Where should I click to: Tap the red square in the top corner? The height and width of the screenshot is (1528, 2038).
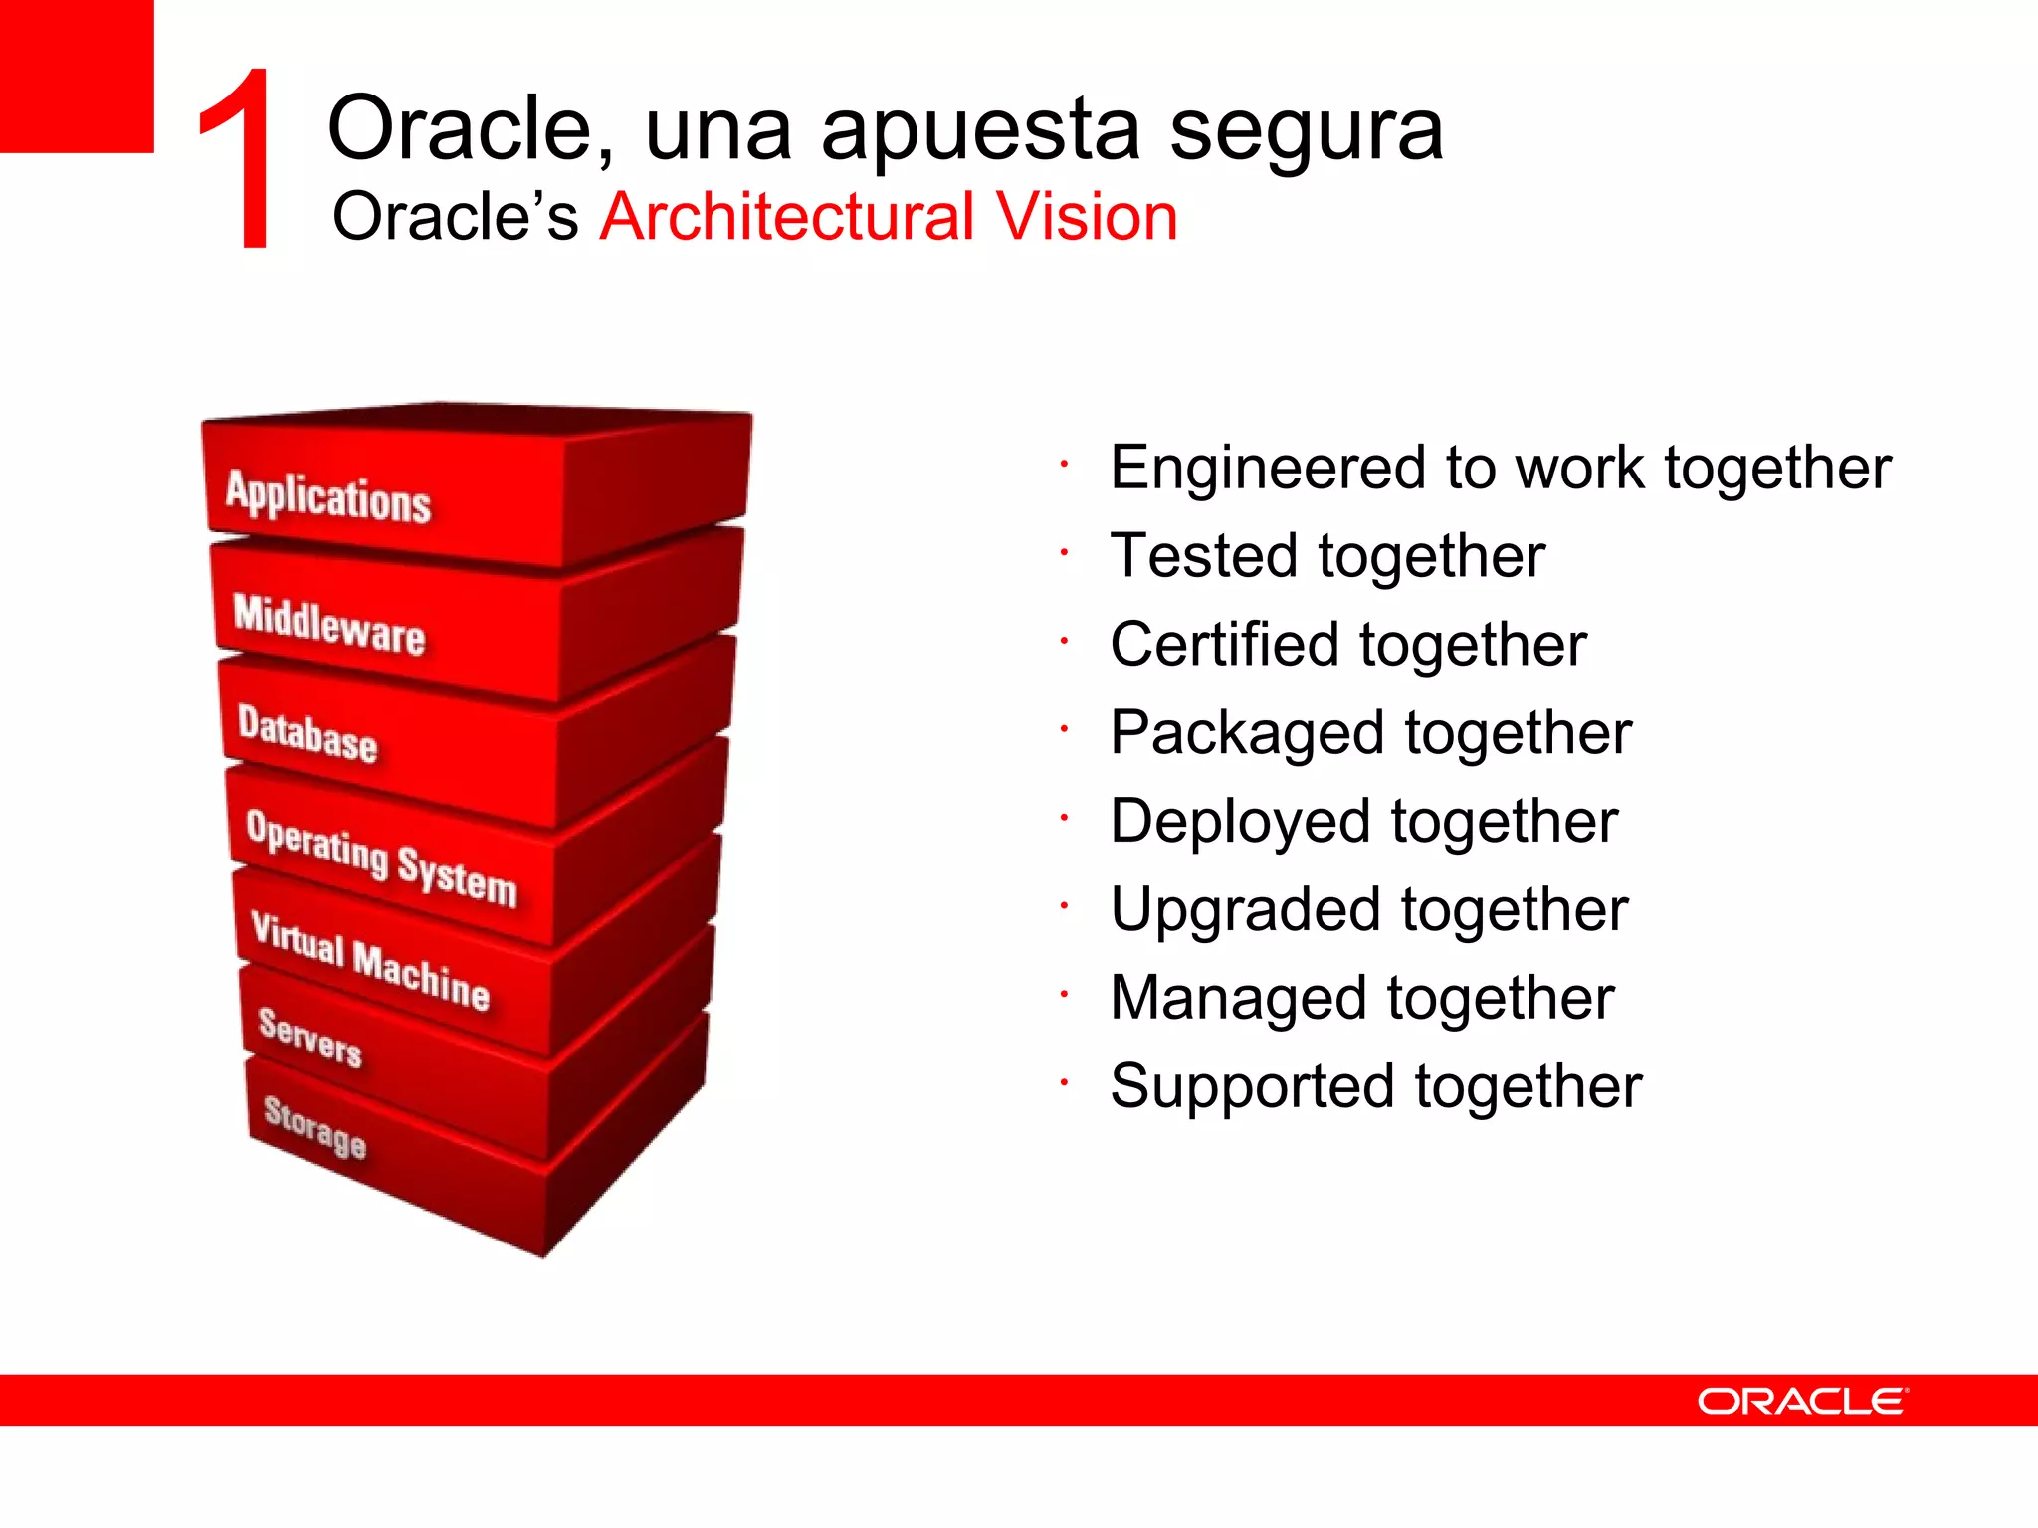click(x=76, y=76)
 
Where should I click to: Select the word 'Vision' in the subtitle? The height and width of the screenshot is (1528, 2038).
click(x=1087, y=217)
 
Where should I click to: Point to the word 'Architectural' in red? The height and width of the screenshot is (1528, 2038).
click(x=787, y=217)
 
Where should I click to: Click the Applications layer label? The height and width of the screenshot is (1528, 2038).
click(x=328, y=495)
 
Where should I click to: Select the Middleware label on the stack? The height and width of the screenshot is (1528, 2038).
click(x=329, y=624)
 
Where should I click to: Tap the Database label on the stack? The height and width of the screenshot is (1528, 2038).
click(x=307, y=734)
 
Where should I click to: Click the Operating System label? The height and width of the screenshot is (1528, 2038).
click(x=381, y=859)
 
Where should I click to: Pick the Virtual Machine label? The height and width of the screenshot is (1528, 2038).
click(x=370, y=961)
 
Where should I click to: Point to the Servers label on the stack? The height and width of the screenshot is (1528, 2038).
click(x=309, y=1037)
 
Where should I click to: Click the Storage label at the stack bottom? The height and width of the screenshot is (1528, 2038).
click(x=314, y=1126)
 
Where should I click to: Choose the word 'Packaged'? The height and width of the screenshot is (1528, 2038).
click(x=1247, y=733)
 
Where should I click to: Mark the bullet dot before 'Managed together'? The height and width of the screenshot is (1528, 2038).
click(x=1064, y=993)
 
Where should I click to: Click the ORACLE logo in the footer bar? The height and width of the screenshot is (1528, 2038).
click(x=1802, y=1401)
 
